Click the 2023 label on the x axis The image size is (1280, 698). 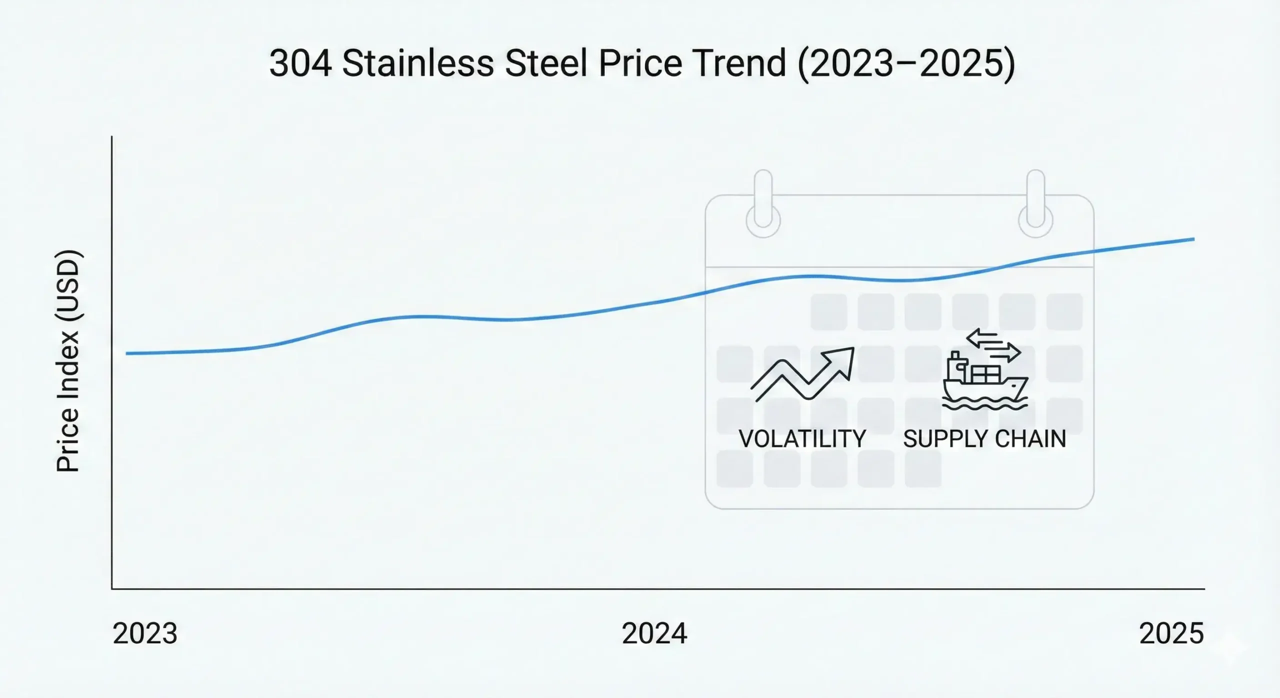click(x=145, y=634)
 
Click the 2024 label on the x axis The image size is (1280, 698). click(x=654, y=634)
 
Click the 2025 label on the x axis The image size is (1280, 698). click(x=1171, y=634)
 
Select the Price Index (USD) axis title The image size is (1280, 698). click(x=68, y=360)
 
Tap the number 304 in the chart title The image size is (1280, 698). click(x=300, y=64)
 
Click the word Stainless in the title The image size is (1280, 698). click(x=417, y=64)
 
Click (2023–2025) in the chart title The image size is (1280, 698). click(x=906, y=64)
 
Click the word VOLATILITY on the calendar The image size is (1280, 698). click(x=802, y=439)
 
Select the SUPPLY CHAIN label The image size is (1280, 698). click(x=984, y=439)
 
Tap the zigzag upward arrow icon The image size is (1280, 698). click(x=802, y=374)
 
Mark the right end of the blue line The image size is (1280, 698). click(x=1193, y=239)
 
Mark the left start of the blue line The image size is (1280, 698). click(x=127, y=353)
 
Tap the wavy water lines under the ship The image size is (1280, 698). click(x=984, y=404)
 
